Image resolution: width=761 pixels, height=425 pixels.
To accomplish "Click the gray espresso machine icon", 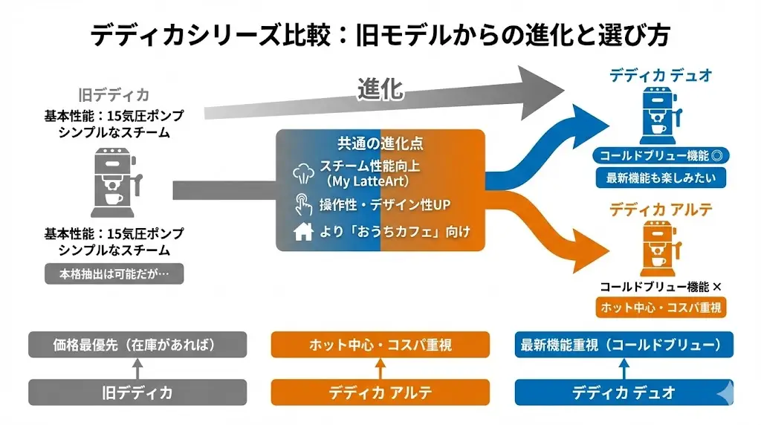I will pos(114,182).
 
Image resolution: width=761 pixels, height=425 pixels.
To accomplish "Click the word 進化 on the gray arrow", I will pos(380,89).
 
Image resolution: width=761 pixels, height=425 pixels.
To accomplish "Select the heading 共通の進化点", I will pos(380,143).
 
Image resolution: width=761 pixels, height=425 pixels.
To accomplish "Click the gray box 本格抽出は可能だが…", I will pos(114,273).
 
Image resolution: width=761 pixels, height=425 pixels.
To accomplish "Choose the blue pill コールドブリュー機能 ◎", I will pos(661,156).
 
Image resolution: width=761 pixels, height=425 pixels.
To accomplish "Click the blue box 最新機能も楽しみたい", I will pos(661,178).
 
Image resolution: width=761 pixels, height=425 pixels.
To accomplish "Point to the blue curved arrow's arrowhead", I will pos(587,119).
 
